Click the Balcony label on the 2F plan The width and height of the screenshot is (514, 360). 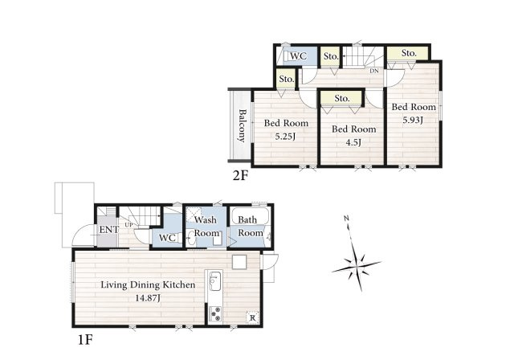pyautogui.click(x=242, y=125)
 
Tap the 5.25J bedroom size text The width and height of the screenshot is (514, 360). pyautogui.click(x=285, y=136)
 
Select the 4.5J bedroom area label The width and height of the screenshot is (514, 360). pyautogui.click(x=353, y=142)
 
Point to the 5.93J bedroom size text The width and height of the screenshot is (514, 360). pyautogui.click(x=413, y=120)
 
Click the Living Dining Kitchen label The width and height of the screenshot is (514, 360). pyautogui.click(x=148, y=284)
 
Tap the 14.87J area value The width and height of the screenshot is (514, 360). pyautogui.click(x=148, y=297)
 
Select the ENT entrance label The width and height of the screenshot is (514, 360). pyautogui.click(x=109, y=230)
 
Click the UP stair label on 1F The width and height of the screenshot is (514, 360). pyautogui.click(x=128, y=225)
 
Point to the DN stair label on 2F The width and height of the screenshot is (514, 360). pyautogui.click(x=374, y=71)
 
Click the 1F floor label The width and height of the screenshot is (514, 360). pyautogui.click(x=85, y=340)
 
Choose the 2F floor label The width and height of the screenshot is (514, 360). pyautogui.click(x=240, y=176)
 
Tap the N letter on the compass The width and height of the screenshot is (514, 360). pyautogui.click(x=346, y=218)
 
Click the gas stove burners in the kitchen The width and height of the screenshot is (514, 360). pyautogui.click(x=215, y=313)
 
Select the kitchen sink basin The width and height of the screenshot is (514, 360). pyautogui.click(x=214, y=281)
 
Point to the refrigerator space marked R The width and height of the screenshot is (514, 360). pyautogui.click(x=252, y=317)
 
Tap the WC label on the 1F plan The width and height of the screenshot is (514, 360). pyautogui.click(x=167, y=237)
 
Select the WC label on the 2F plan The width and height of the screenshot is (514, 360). pyautogui.click(x=298, y=56)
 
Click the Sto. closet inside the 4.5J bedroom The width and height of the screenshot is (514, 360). pyautogui.click(x=341, y=98)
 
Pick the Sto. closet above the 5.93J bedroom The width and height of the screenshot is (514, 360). pyautogui.click(x=408, y=53)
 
